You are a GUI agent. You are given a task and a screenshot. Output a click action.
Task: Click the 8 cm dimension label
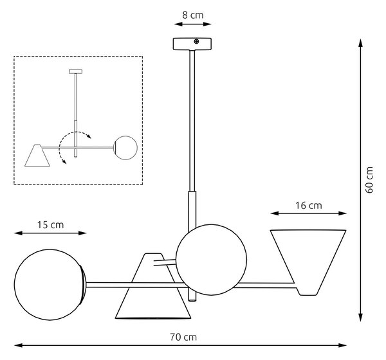click(193, 15)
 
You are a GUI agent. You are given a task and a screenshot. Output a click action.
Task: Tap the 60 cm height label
click(369, 180)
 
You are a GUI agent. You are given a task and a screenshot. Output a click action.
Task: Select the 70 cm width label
click(183, 337)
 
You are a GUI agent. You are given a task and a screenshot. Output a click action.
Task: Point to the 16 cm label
click(308, 206)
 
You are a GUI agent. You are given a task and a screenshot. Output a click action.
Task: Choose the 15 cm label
click(50, 225)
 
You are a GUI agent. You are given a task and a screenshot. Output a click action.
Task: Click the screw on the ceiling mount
click(196, 42)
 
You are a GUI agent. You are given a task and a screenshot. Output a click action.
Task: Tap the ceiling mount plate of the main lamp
click(192, 44)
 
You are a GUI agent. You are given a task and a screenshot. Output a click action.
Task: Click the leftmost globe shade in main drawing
click(50, 285)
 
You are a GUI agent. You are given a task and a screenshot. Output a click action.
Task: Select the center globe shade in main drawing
click(212, 260)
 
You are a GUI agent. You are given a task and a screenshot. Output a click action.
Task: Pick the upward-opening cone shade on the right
click(308, 262)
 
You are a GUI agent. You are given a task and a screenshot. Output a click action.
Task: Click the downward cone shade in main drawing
click(153, 286)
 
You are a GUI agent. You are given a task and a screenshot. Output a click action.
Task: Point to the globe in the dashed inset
click(126, 148)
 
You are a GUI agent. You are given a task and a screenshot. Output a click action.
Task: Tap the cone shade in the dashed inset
click(37, 156)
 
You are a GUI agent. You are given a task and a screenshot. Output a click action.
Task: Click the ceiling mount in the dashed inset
click(75, 71)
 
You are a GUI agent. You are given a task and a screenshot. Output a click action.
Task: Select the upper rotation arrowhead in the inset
click(89, 136)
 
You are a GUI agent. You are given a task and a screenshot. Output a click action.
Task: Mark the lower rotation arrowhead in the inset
click(64, 161)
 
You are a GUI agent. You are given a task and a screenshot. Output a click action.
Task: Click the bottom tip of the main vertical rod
click(192, 301)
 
